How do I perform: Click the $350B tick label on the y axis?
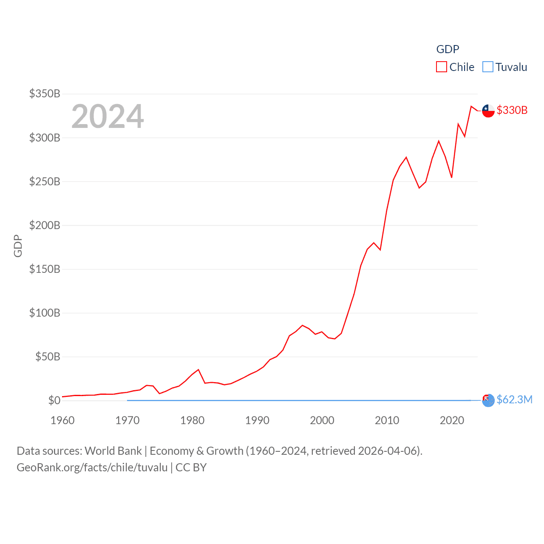[45, 93]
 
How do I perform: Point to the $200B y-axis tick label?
[45, 225]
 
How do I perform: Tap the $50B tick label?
[48, 357]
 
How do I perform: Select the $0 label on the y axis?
[54, 400]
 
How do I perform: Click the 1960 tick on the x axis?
[62, 420]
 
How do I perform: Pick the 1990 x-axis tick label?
[257, 420]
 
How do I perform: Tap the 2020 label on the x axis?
[452, 420]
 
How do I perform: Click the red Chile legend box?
[442, 67]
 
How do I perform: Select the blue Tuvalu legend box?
[488, 67]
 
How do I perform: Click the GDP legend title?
[448, 49]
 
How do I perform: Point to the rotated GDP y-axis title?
[18, 246]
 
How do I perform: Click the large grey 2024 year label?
[108, 116]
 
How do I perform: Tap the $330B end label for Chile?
[512, 110]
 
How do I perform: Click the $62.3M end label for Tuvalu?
[514, 399]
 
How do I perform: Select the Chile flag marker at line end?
[488, 110]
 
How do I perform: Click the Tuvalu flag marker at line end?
[488, 400]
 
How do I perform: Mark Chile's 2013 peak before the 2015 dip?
[406, 157]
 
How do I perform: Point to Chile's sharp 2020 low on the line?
[452, 177]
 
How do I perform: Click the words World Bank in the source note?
[113, 451]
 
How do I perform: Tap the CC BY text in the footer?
[191, 467]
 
